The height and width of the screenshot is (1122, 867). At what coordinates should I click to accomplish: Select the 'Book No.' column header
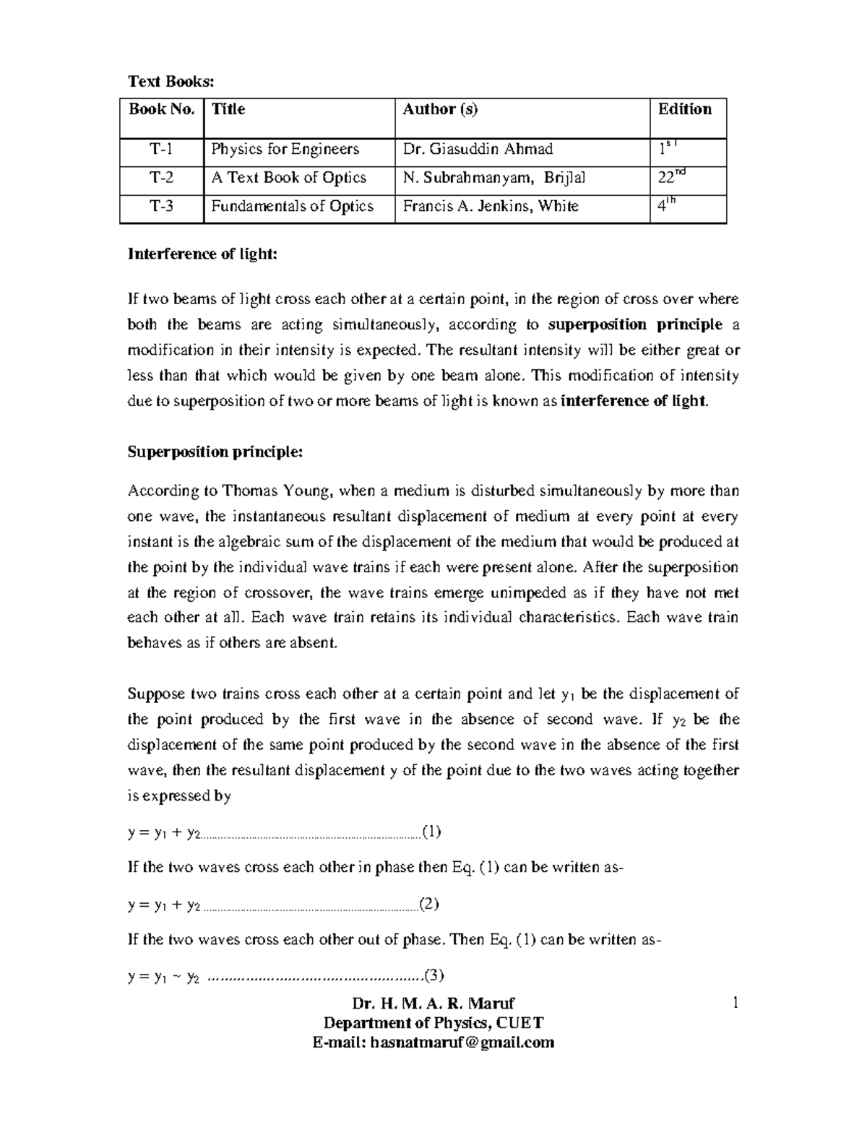point(162,109)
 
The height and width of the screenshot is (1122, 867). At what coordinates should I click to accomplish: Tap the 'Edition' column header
point(684,109)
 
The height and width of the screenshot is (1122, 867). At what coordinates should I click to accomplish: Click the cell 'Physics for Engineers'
point(285,150)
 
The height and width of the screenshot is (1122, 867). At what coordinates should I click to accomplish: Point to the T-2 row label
point(161,178)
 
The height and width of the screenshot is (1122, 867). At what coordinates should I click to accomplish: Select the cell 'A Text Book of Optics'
point(288,178)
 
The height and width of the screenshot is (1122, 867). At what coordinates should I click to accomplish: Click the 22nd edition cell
point(670,177)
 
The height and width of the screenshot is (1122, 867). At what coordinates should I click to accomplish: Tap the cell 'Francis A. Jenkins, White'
point(491,207)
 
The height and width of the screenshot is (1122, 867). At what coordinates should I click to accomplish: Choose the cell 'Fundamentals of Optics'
point(292,207)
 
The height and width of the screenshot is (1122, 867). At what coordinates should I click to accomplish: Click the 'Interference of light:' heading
point(202,254)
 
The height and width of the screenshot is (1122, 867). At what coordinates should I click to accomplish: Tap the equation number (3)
point(433,976)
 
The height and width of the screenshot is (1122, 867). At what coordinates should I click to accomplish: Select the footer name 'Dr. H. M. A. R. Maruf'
point(433,1004)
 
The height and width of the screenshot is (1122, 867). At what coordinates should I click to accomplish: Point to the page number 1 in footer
point(735,1003)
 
